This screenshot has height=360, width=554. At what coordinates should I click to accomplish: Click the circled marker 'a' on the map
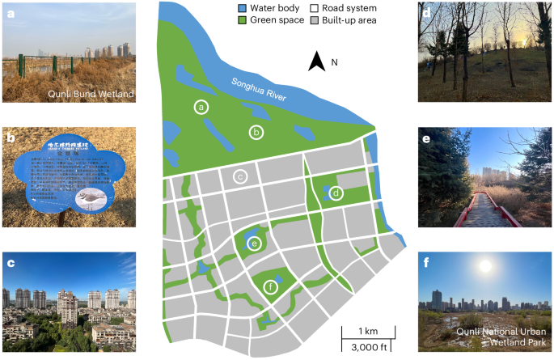click(202, 106)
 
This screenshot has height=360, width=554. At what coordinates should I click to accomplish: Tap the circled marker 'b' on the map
click(256, 132)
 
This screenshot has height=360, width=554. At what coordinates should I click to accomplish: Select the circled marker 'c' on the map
click(239, 176)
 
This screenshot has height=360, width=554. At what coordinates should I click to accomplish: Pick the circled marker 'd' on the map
click(336, 193)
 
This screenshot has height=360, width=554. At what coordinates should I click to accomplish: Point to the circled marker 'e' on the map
click(254, 244)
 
